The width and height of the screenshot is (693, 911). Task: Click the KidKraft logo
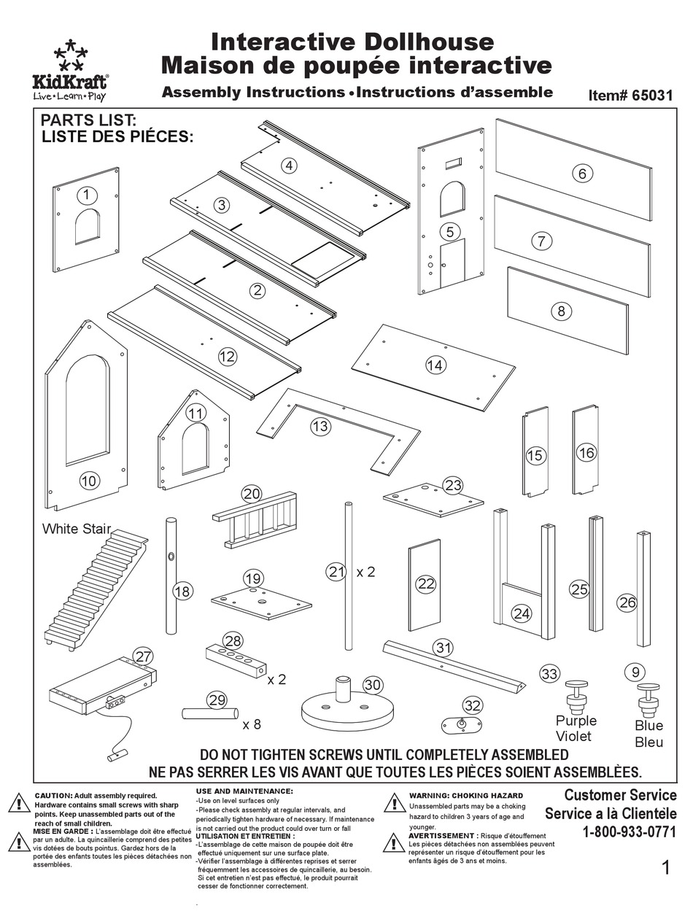70,71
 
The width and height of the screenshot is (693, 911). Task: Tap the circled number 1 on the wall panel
87,195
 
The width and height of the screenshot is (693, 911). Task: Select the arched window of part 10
87,409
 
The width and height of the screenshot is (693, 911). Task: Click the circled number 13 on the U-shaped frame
320,426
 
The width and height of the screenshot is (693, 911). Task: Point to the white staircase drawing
96,591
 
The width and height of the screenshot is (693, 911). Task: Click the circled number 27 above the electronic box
143,655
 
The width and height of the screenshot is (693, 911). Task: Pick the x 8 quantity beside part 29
252,724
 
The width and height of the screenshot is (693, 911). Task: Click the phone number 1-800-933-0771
629,831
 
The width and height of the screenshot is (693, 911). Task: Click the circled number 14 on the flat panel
435,365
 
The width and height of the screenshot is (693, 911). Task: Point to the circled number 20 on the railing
252,494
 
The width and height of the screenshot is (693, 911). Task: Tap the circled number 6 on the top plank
581,174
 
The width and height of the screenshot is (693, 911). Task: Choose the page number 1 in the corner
665,867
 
